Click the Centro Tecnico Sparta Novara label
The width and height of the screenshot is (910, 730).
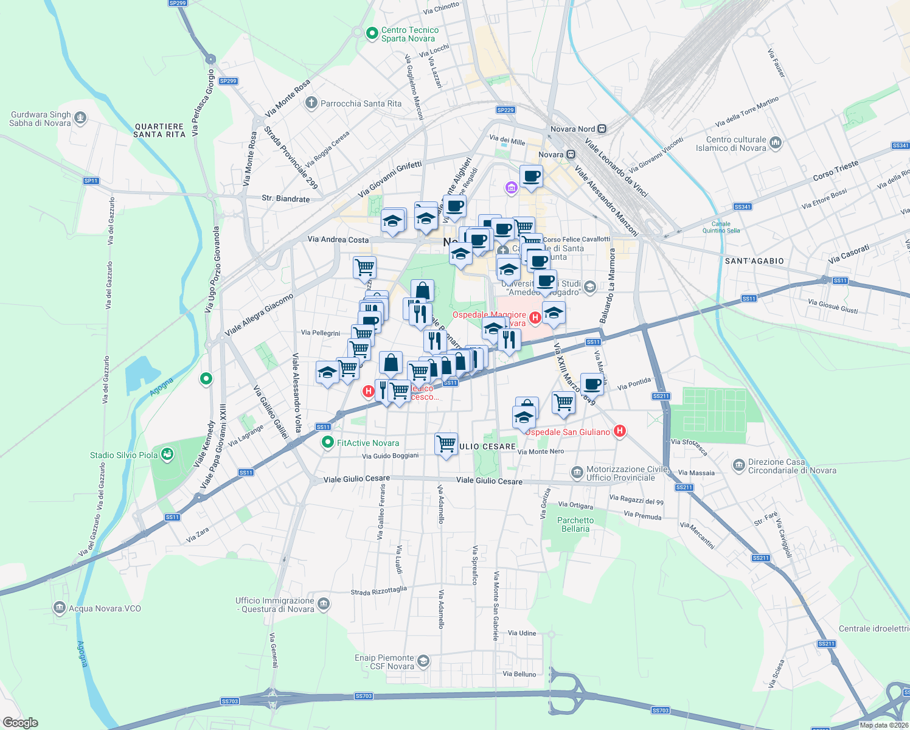coord(409,34)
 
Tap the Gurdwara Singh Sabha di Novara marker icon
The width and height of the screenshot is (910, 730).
coord(80,118)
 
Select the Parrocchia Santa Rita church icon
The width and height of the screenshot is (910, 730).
coord(311,103)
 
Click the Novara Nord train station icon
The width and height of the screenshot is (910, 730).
coord(602,129)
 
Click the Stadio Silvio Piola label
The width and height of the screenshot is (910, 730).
coord(123,455)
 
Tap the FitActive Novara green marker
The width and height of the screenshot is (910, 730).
coord(328,442)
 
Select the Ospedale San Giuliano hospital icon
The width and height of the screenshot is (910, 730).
coord(619,431)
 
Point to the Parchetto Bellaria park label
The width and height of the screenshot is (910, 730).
coord(575,524)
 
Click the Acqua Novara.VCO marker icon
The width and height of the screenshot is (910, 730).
coord(60,608)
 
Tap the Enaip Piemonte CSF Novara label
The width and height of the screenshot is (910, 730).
coord(384,662)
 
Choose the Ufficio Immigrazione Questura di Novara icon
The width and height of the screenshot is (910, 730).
coord(324,603)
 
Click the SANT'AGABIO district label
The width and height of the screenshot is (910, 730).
coord(754,261)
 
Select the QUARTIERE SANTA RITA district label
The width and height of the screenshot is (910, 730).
coord(159,130)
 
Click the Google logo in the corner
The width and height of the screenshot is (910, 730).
coord(20,722)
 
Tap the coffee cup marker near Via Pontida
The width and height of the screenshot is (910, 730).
coord(592,384)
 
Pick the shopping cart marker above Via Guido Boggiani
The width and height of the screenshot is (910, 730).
coord(446,443)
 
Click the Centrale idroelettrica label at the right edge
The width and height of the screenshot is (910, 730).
coord(874,628)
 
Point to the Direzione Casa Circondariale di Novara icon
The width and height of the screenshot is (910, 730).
coord(738,466)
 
